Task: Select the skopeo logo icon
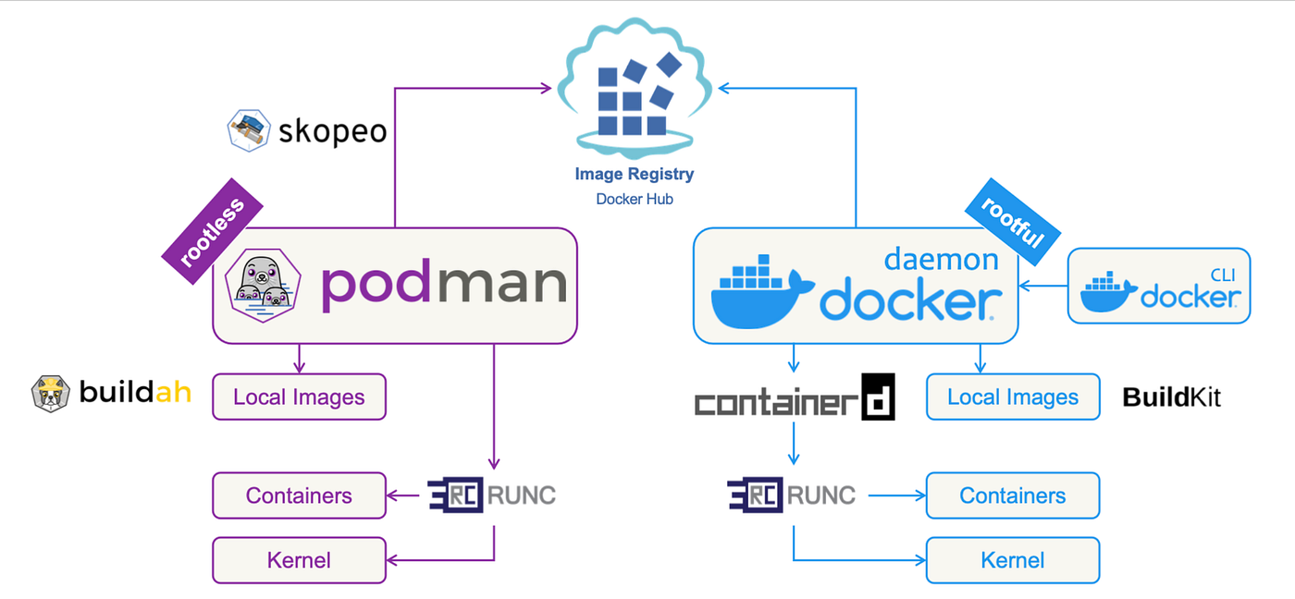pos(248,130)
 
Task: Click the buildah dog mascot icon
pos(50,394)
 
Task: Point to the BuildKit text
pos(1171,397)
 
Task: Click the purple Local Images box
pos(299,397)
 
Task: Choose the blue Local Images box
pos(1013,397)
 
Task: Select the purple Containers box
pos(299,495)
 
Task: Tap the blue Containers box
pos(1013,495)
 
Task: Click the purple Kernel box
pos(299,560)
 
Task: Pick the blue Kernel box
pos(1013,560)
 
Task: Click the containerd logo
pos(794,398)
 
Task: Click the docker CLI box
pos(1159,286)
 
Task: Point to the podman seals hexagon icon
pos(266,285)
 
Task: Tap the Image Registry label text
pos(634,174)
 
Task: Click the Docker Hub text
pos(634,199)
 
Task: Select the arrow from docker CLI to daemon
pos(1043,286)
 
